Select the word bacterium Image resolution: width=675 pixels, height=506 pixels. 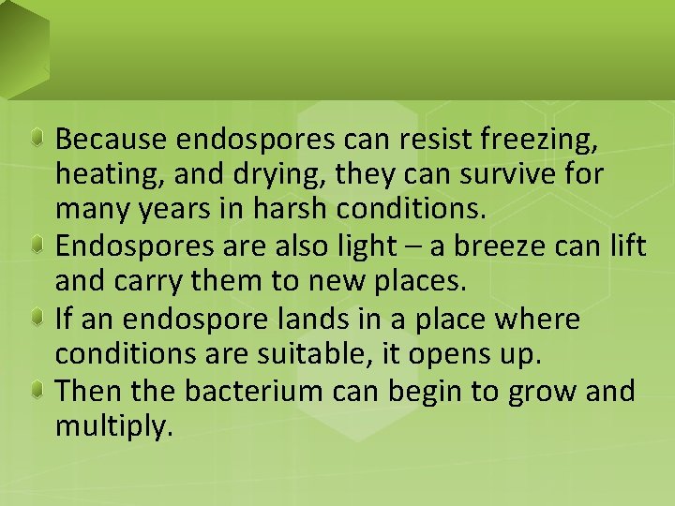tap(239, 390)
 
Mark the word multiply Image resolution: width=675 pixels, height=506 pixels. tap(113, 427)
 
